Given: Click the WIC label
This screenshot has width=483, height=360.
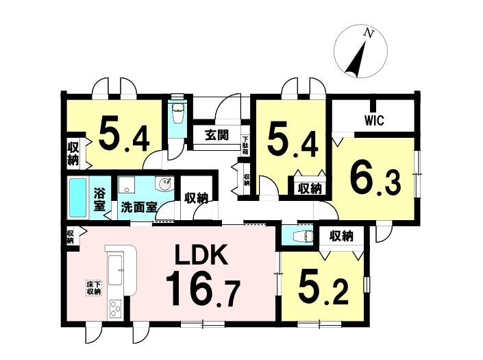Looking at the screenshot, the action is pos(374,120).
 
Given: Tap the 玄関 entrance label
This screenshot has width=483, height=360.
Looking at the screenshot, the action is pos(217,134).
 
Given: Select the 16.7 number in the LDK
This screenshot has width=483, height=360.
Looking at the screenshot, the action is pos(203,288).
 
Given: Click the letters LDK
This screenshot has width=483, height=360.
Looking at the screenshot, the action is pos(201,254).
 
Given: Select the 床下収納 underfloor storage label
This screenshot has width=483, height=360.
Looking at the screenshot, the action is pos(94,288).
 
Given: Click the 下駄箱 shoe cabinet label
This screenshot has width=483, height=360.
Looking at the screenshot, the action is pos(245,145).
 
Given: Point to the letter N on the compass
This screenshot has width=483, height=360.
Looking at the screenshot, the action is pos(367,32).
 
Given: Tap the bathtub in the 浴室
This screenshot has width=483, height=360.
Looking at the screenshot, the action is pos(77,198).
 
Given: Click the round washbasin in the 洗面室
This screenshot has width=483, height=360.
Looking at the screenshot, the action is pos(165,184).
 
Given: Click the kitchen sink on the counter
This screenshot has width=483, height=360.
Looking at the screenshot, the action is pos(115,269).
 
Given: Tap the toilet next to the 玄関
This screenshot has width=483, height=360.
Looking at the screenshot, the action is pos(177,113).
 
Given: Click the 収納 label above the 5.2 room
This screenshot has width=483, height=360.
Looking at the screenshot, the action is pos(341,237).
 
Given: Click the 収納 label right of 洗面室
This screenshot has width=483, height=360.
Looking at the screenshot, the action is pos(196,198).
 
